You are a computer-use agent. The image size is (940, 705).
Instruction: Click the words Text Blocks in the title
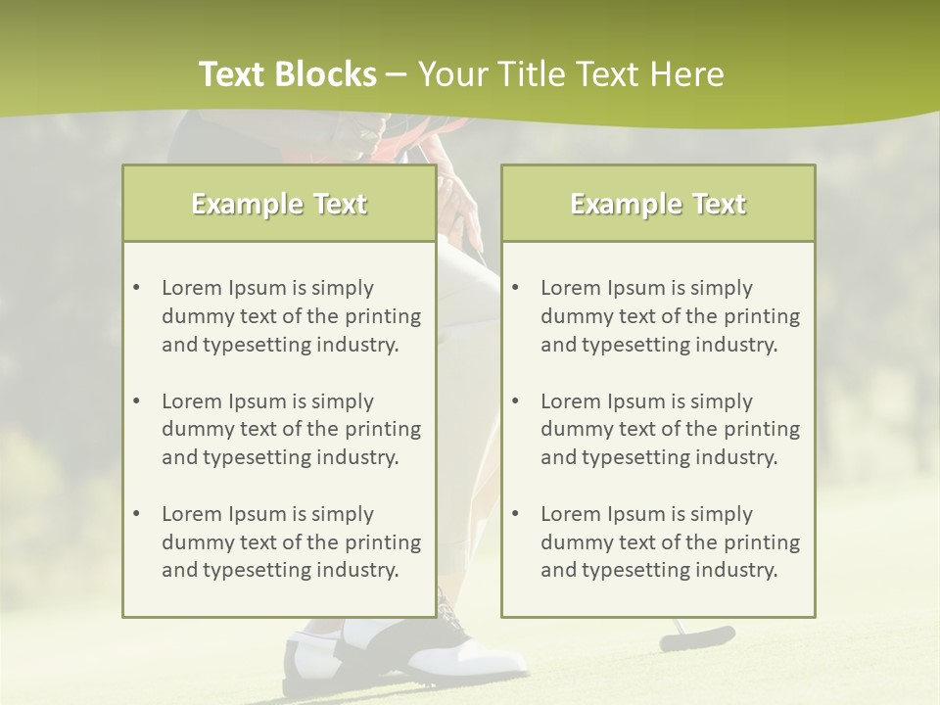click(287, 74)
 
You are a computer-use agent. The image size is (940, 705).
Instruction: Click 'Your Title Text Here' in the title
click(571, 74)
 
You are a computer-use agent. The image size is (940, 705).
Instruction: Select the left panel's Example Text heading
click(279, 204)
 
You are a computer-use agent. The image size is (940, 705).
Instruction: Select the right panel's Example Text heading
click(658, 204)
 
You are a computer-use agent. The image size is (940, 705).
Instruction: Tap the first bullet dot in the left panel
click(136, 288)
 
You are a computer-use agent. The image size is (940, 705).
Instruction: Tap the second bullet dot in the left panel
click(136, 401)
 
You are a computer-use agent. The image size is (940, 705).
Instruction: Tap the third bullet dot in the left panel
click(136, 514)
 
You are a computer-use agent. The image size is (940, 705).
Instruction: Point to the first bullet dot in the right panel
click(515, 288)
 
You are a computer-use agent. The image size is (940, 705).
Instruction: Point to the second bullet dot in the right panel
click(515, 401)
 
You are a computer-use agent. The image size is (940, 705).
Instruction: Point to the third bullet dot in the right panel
click(515, 514)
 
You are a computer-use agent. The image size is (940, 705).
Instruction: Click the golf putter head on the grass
click(697, 637)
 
